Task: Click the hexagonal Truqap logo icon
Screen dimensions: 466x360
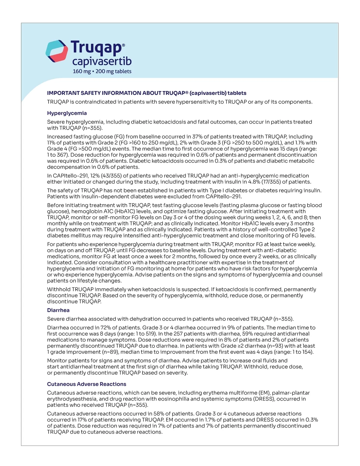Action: (57, 51)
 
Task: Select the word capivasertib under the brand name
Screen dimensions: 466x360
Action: (102, 62)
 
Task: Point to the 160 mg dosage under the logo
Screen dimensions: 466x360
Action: (82, 71)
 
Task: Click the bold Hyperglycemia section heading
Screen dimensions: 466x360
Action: (67, 113)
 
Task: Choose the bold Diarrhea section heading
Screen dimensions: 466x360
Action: (58, 310)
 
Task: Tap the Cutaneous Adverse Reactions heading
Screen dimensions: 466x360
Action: (87, 384)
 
